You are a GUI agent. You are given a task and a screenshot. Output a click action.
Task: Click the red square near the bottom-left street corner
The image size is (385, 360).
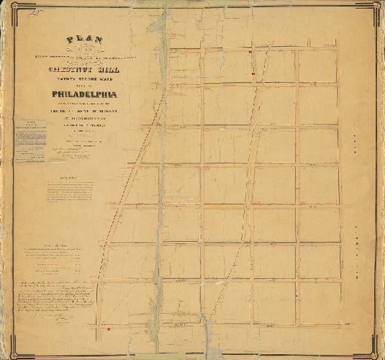107,328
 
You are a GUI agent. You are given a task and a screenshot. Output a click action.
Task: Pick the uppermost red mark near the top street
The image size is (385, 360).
249,53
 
